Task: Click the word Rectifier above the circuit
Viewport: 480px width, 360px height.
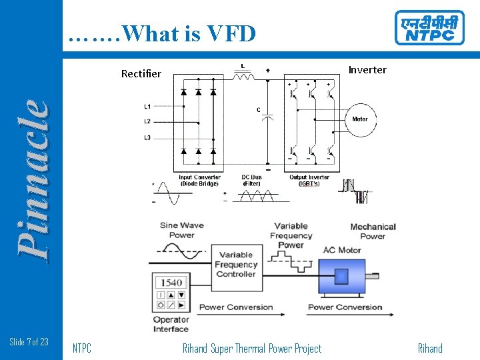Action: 141,73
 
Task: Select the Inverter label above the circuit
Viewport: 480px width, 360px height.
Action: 367,70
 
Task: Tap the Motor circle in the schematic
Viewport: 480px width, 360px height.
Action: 359,119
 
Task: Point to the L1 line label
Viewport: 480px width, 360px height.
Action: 147,106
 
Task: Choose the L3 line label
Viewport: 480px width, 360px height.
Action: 147,137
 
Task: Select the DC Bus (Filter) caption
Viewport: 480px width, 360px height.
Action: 251,181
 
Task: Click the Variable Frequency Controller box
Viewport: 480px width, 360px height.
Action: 236,264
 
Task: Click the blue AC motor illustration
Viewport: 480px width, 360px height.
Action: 342,277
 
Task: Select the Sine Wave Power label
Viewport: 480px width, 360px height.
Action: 182,230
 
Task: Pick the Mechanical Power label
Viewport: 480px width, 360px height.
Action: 373,231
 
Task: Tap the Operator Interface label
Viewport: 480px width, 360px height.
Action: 171,324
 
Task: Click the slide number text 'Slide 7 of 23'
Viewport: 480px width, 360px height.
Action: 29,342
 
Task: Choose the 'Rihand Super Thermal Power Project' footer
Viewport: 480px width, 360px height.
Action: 251,348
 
